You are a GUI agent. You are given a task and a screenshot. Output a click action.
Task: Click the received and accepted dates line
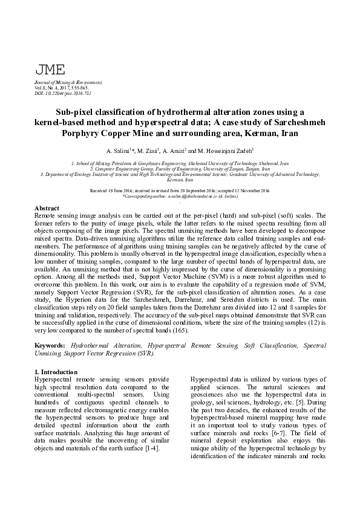coord(180,190)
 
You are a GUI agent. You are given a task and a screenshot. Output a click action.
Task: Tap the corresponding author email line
coord(180,196)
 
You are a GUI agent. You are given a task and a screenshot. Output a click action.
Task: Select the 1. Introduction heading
coord(56,371)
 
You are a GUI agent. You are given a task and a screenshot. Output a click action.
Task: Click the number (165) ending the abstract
coord(178,330)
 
